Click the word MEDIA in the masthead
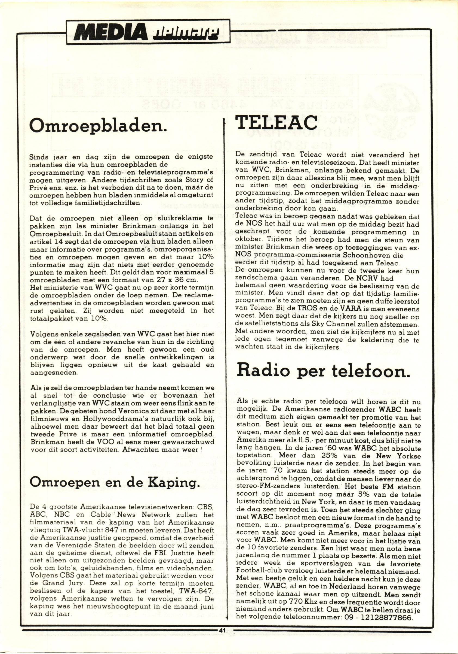[111, 32]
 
